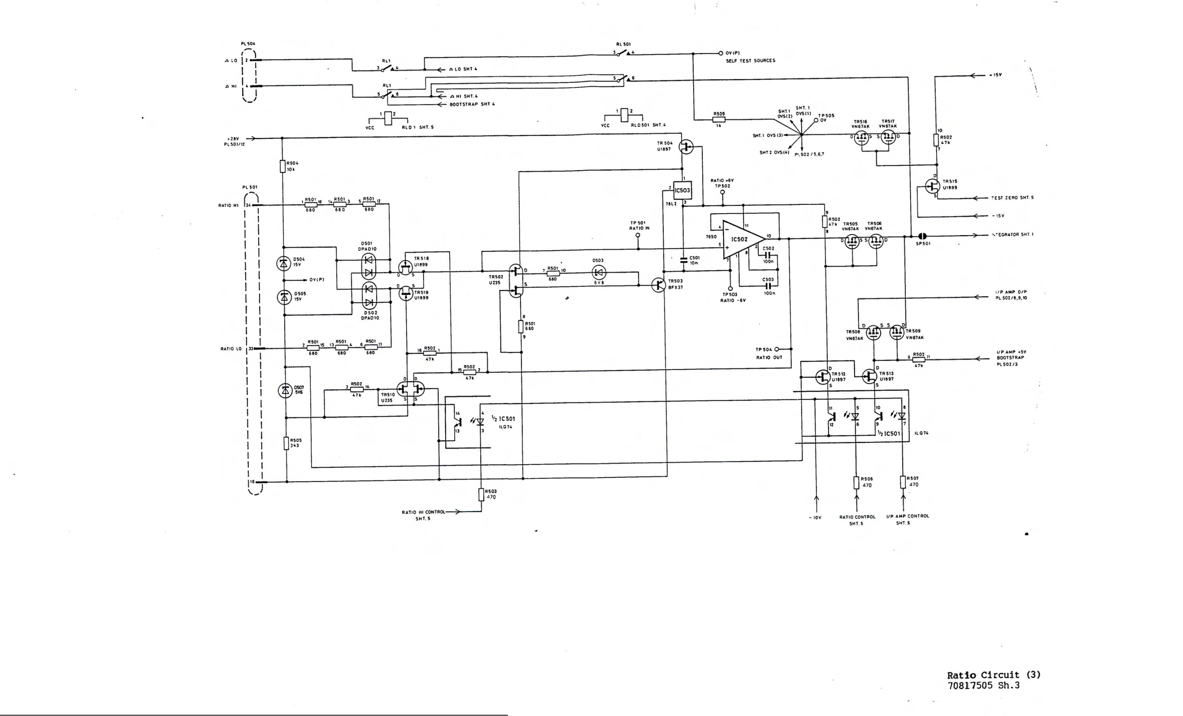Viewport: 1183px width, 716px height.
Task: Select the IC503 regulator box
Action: click(682, 190)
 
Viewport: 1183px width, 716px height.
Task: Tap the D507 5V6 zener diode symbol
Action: click(285, 391)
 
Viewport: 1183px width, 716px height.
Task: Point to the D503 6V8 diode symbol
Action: click(598, 273)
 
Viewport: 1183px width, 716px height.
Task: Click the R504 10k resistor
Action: click(282, 166)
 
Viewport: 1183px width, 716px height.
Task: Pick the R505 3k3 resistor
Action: click(286, 443)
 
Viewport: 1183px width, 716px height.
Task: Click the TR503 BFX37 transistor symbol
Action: click(658, 285)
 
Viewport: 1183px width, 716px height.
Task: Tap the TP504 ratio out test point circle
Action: click(776, 350)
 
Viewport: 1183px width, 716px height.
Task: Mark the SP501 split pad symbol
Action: click(922, 236)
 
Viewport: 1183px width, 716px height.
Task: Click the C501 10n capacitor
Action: click(684, 260)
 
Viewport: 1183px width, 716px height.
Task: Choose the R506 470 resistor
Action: click(856, 482)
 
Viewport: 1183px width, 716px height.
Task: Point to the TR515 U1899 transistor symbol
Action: click(932, 186)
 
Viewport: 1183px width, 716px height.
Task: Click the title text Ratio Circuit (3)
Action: click(993, 675)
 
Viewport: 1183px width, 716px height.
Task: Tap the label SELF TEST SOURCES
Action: click(750, 61)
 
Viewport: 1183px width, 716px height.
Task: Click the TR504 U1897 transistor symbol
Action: click(686, 147)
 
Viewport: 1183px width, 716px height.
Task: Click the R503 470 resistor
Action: click(481, 494)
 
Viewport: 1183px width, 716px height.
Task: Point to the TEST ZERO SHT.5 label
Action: click(1012, 198)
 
